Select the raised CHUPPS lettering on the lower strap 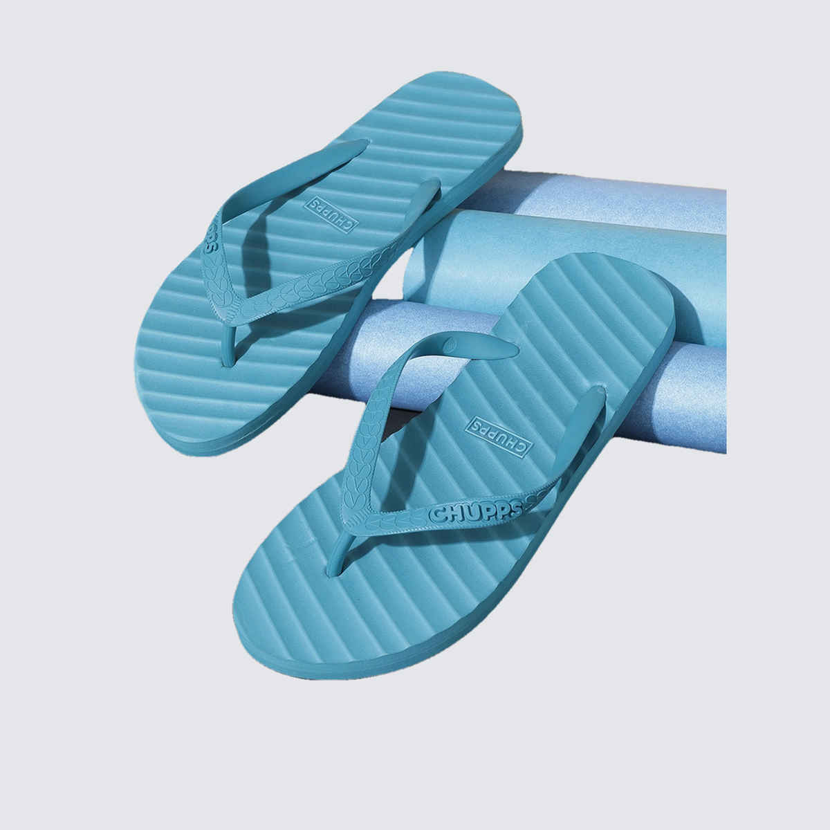pyautogui.click(x=475, y=513)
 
